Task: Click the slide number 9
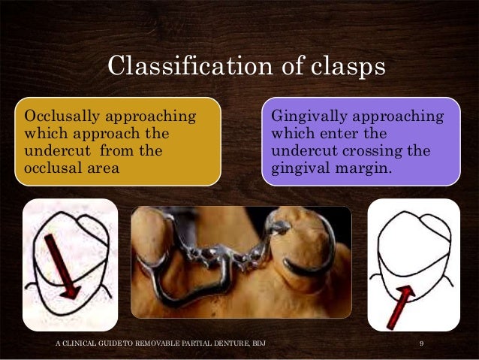[x=422, y=343]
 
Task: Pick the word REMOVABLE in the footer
[x=147, y=343]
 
